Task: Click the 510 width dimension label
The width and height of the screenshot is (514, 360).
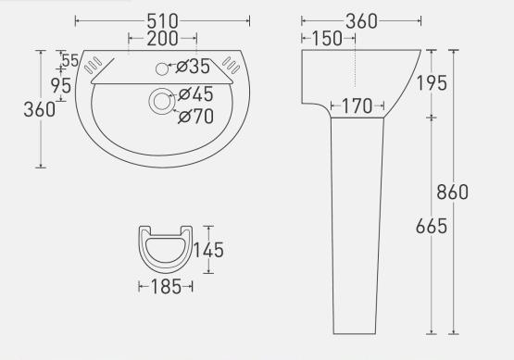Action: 162,21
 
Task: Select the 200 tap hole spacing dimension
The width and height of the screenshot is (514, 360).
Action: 162,39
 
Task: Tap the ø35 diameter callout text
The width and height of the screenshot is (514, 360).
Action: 193,67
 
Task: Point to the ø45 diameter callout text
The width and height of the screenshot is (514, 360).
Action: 195,94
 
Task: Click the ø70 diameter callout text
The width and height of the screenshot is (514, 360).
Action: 196,117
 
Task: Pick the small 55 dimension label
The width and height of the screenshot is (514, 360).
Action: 70,60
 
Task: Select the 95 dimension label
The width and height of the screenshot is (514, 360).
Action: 61,86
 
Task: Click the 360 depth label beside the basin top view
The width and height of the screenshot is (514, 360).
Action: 40,109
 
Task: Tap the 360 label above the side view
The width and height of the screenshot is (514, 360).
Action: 361,21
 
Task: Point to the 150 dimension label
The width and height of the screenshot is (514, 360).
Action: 327,39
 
